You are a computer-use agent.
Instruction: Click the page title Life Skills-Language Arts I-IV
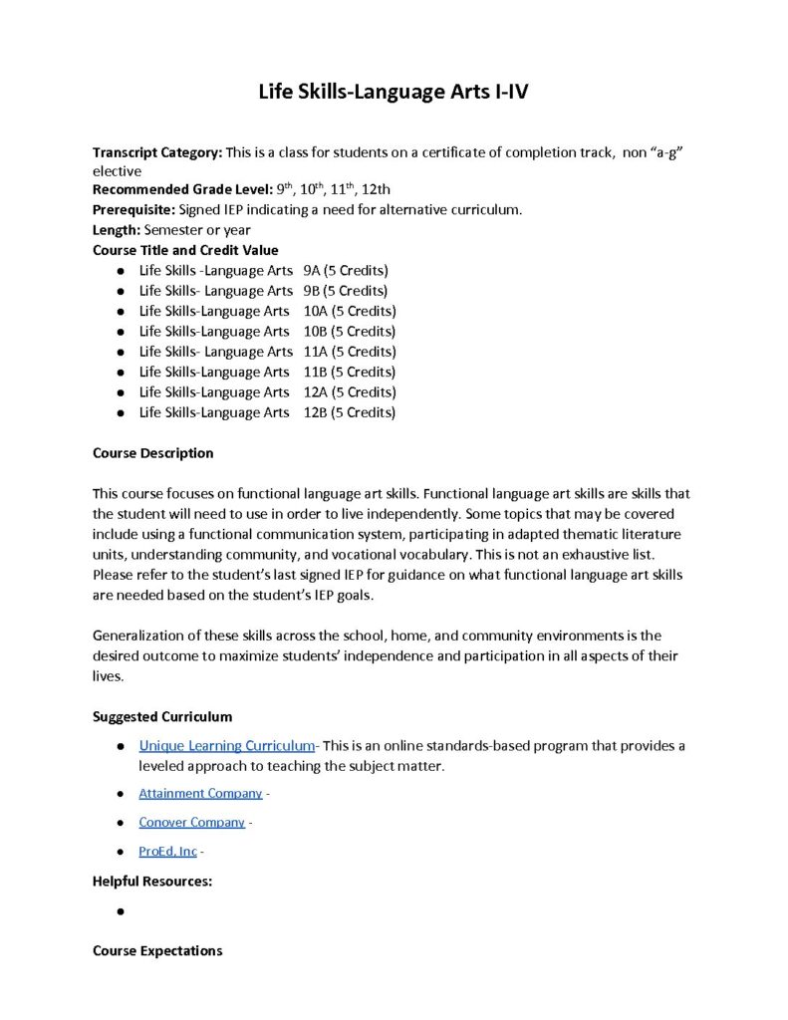pos(394,93)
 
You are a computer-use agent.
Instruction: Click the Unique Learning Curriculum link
pos(226,745)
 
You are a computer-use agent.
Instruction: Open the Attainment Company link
pos(200,793)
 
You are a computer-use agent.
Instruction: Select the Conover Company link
pos(191,822)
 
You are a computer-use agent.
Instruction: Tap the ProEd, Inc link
pos(167,852)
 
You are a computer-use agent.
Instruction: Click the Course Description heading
pos(152,453)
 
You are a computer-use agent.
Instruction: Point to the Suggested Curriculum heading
pos(162,716)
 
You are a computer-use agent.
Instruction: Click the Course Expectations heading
pos(157,951)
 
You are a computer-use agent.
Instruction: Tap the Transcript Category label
pos(157,152)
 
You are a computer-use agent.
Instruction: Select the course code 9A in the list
pos(312,271)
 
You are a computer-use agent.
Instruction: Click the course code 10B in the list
pos(316,332)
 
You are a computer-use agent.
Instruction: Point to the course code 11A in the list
pos(316,352)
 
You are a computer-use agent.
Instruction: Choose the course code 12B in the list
pos(316,412)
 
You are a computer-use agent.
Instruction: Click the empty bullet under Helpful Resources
pos(120,911)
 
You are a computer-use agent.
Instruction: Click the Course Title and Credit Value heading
pos(185,250)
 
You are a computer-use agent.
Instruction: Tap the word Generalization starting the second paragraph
pos(138,636)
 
